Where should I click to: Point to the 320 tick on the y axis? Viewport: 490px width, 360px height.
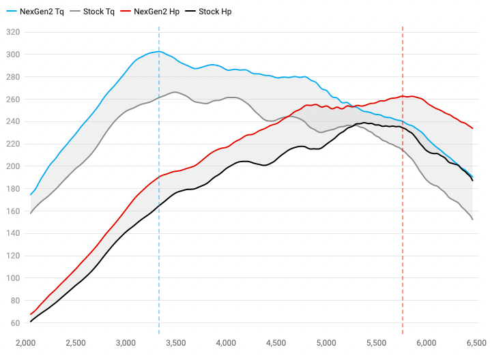click(13, 32)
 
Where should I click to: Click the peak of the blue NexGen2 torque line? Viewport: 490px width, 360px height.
click(158, 51)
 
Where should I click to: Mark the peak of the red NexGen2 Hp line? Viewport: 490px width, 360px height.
click(405, 96)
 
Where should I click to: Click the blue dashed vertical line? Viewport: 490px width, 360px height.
click(159, 205)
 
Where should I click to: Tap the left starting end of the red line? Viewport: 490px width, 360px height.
click(31, 314)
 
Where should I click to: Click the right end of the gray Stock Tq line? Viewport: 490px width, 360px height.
click(472, 219)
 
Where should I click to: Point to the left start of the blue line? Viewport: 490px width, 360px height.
click(31, 195)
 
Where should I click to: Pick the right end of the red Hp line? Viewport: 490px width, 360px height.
click(472, 129)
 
